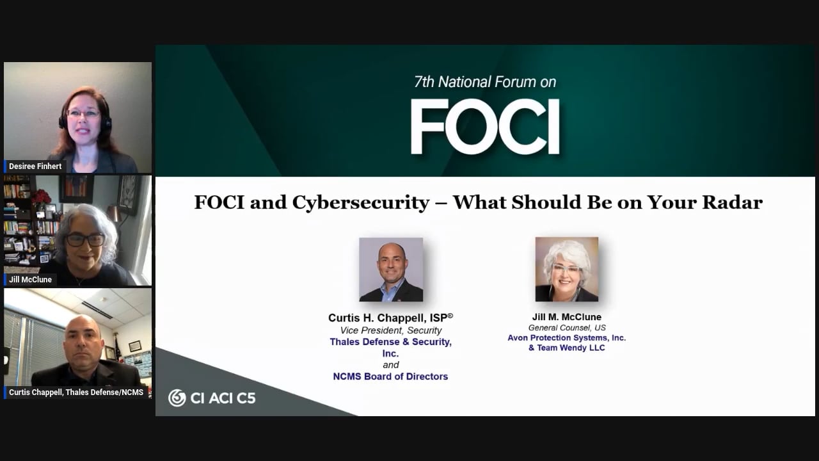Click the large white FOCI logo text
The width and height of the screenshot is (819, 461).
tap(485, 127)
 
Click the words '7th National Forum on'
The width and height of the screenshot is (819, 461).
tap(485, 82)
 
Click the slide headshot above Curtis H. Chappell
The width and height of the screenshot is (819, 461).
tap(391, 270)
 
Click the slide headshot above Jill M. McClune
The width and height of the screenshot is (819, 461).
tap(567, 270)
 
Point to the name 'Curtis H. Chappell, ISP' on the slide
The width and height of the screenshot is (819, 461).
tap(390, 318)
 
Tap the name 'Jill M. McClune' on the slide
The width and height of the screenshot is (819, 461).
tap(567, 317)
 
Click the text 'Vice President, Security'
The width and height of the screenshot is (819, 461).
tap(391, 330)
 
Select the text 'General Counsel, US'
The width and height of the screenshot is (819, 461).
tap(567, 327)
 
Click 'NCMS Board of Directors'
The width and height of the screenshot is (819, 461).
tap(390, 376)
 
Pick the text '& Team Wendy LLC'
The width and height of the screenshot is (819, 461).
tap(567, 348)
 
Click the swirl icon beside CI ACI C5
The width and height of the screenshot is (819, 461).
tap(177, 398)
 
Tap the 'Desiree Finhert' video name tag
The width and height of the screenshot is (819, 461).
tap(35, 166)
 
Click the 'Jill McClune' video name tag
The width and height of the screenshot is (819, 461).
tap(30, 280)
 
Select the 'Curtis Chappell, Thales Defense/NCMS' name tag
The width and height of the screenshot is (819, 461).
tap(76, 392)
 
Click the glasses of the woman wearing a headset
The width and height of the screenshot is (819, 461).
tap(83, 113)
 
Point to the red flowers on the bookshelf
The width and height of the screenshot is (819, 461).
tap(42, 197)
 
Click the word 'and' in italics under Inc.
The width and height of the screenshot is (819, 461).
tap(391, 365)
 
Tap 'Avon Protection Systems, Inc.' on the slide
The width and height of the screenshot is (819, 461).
tap(567, 337)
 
